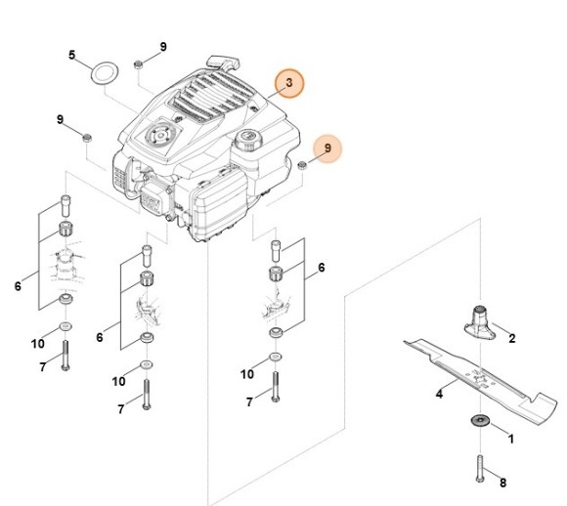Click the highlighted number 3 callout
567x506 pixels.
[x=289, y=85]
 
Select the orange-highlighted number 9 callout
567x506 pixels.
[x=327, y=148]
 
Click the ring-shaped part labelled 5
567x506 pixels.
[x=105, y=72]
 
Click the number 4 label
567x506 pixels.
[x=439, y=395]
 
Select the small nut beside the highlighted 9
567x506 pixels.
[x=302, y=166]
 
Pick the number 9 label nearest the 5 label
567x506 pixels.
[x=163, y=47]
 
